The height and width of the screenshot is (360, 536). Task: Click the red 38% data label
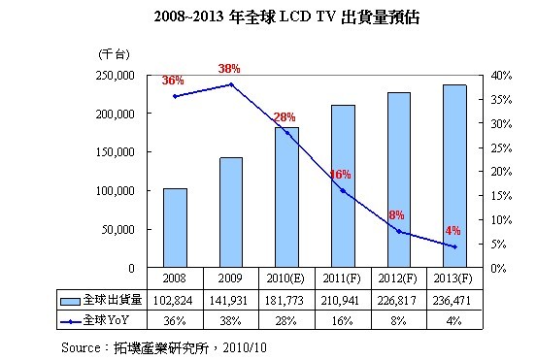pos(229,69)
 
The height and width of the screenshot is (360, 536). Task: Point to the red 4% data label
pos(452,231)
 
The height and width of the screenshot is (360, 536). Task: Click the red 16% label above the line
pos(339,175)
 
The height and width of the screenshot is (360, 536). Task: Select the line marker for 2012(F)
pos(398,231)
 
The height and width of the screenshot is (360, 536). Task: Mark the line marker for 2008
pos(175,96)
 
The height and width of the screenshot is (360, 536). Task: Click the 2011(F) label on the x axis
pos(342,278)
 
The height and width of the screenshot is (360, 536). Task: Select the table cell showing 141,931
pos(230,299)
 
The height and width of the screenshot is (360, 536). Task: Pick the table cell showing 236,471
pos(452,299)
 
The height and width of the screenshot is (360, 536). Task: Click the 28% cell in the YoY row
pos(285,319)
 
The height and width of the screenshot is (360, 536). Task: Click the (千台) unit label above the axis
pos(110,52)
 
